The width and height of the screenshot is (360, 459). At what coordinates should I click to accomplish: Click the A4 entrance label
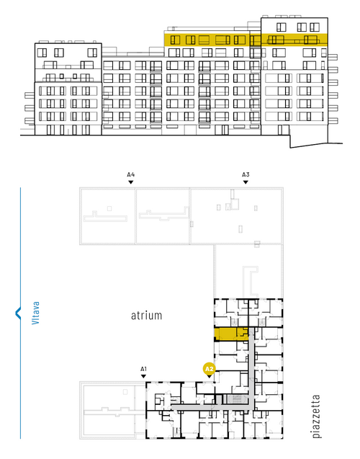pos(131,175)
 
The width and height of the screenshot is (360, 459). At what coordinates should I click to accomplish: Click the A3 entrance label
pos(246,175)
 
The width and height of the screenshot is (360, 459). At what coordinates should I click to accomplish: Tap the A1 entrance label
pos(143,369)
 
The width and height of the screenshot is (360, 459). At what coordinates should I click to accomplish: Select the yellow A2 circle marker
pos(210,369)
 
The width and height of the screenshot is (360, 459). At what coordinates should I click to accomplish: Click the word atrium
pos(146,316)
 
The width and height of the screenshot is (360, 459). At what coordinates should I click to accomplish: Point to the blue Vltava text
pos(35,313)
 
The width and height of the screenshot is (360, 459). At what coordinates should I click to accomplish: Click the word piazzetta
pos(316,416)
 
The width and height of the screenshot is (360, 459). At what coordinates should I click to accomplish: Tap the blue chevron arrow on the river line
pos(18,313)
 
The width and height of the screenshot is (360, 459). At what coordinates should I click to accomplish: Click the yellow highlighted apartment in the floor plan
pos(231,334)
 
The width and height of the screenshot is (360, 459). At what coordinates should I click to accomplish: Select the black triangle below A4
pos(131,182)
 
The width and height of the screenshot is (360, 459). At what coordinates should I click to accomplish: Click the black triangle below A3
pos(246,182)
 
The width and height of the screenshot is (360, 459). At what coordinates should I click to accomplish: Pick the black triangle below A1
pos(143,376)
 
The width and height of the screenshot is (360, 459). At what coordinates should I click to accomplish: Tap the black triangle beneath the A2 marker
pos(210,377)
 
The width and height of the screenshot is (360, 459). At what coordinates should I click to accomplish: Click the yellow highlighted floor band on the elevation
pos(246,40)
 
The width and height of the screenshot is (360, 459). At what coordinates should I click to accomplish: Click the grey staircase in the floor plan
pos(235,398)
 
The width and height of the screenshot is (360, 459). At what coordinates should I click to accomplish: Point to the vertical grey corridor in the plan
pos(251,369)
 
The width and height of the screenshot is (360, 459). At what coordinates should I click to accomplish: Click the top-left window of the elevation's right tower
pos(282,27)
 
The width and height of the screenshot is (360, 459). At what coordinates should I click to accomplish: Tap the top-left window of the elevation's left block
pos(42,53)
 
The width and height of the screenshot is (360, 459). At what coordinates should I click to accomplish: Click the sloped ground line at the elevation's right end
pos(316,146)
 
